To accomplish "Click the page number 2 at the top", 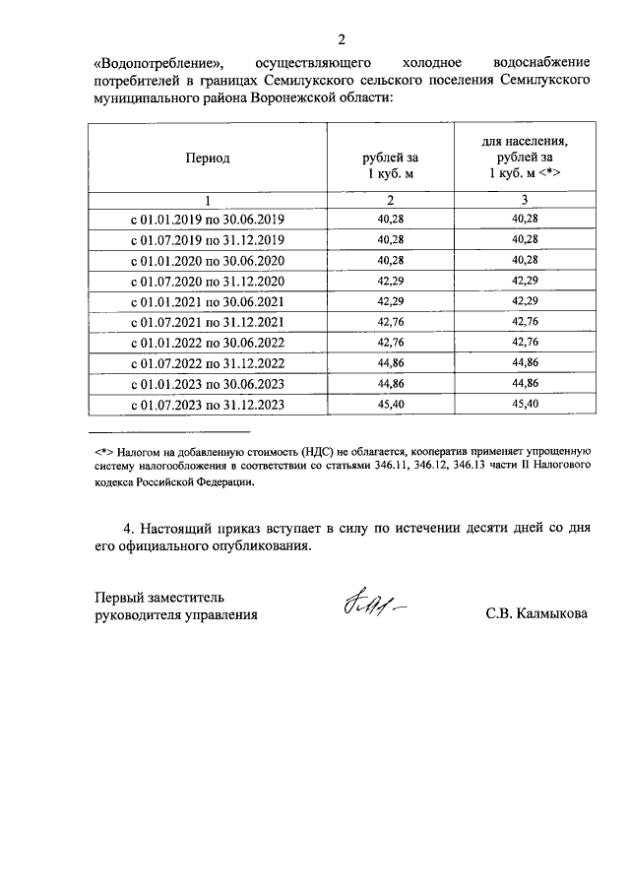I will tap(342, 40).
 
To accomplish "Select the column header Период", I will tap(207, 158).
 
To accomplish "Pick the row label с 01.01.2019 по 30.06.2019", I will tap(207, 219).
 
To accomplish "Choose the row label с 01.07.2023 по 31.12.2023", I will tap(207, 405).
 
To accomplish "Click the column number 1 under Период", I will tap(207, 200).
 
